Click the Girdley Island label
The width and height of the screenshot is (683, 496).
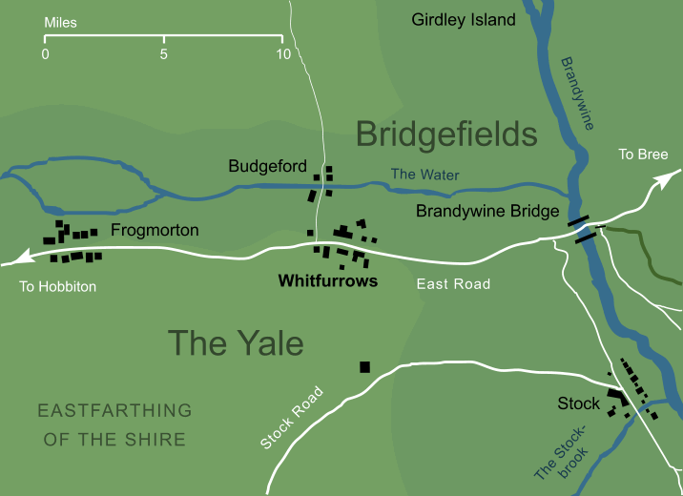[463, 19]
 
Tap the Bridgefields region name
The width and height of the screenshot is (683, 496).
[446, 134]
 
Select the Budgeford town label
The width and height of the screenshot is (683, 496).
[267, 166]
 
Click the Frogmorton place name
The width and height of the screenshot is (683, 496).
[155, 230]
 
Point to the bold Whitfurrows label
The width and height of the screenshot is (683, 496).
[327, 281]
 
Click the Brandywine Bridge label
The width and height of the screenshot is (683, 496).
[486, 213]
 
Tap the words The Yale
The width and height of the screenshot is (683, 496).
[235, 342]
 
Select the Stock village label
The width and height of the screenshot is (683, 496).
[579, 403]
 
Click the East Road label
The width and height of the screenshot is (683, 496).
[453, 284]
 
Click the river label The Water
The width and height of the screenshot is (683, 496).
[425, 175]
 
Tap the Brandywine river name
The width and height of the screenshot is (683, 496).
[578, 93]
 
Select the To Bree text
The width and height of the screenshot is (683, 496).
[643, 155]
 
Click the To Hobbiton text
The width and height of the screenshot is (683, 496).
[58, 286]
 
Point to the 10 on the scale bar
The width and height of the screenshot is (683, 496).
[281, 54]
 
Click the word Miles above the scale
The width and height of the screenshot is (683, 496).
[61, 22]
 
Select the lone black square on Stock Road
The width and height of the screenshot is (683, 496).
[364, 367]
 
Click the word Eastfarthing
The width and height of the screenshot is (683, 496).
[114, 410]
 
